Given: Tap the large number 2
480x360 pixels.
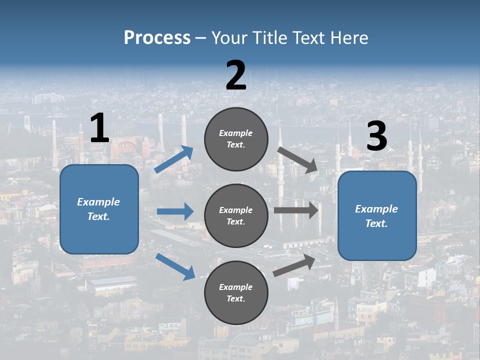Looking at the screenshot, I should tap(236, 75).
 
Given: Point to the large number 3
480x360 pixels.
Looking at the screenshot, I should tap(376, 136).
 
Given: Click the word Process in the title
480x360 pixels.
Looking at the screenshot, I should tap(157, 37).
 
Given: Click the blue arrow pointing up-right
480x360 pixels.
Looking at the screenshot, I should tap(173, 159).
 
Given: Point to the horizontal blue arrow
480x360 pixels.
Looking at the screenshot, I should tap(175, 211).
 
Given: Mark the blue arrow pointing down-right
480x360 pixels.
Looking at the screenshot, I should tap(175, 266).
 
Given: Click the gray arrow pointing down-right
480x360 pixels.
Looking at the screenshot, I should tap(297, 160).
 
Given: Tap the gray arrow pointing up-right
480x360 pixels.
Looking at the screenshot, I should tap(294, 265).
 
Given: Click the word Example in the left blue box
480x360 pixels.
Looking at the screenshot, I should tap(98, 202).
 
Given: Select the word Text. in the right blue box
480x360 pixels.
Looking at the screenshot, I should tap(376, 223).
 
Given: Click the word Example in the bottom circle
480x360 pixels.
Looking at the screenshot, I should tap(236, 287).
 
